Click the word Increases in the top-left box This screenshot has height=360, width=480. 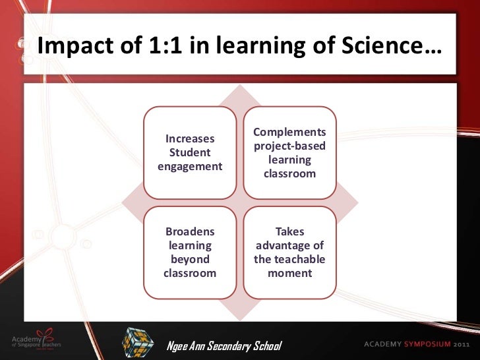click(x=190, y=139)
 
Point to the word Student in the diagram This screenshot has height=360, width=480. click(x=190, y=153)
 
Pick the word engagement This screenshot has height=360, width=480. click(x=190, y=167)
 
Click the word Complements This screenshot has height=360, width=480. click(x=290, y=133)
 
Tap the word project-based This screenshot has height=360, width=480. click(x=290, y=146)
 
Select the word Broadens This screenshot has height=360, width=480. click(x=190, y=233)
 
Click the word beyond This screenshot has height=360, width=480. click(x=190, y=259)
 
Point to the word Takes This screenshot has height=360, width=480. click(x=290, y=233)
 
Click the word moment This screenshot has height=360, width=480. click(x=290, y=272)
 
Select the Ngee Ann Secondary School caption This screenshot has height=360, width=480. click(x=224, y=346)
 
